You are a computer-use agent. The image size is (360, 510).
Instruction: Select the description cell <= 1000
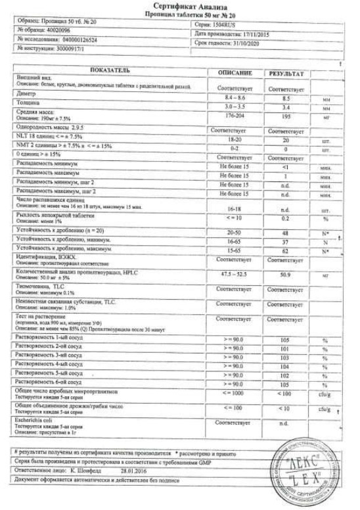coord(235,392)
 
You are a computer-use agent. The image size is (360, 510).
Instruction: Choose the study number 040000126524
coord(79,41)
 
